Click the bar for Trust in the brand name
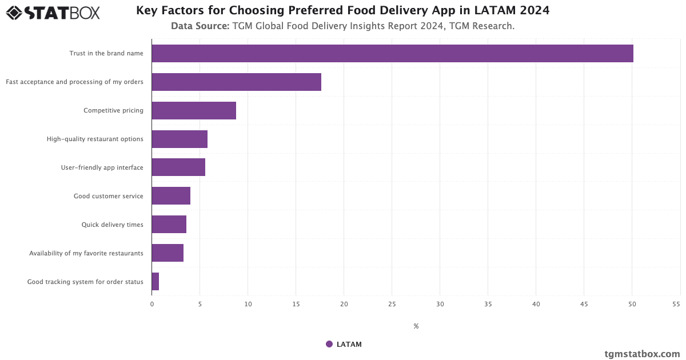392,53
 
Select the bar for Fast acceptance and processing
236,82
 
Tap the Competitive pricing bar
194,110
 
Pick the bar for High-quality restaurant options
180,139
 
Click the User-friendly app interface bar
178,167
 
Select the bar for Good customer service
171,196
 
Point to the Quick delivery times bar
169,225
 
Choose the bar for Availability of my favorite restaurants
167,253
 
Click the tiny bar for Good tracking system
155,282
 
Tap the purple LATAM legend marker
329,344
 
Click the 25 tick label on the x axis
392,305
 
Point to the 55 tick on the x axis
676,305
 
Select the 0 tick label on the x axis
152,305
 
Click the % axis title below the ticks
416,326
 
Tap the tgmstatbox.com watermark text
642,354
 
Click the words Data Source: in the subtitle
200,26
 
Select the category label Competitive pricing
113,110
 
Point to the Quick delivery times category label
112,225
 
